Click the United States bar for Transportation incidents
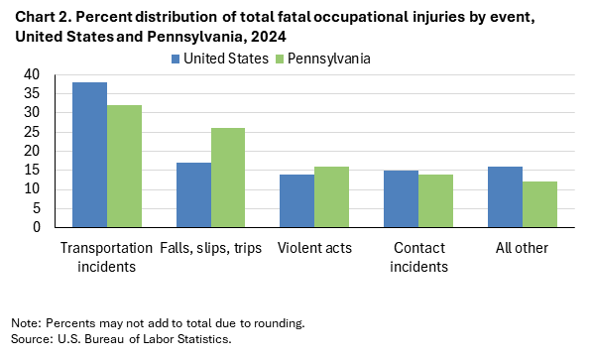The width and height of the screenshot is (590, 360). point(89,155)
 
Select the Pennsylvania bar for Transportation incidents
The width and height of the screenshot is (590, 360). point(124,166)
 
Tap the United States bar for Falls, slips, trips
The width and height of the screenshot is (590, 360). point(193,194)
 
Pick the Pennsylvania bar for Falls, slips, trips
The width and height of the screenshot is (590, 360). point(228,178)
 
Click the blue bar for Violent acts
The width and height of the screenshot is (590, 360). point(296,200)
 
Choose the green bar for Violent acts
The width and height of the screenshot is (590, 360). point(331,196)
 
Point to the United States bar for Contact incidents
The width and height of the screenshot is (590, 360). point(401,198)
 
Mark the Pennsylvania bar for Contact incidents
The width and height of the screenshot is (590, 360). point(435,200)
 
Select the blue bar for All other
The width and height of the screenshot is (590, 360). point(505,196)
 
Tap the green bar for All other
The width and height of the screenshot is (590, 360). point(539,204)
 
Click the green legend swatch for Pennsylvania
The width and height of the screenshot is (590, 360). point(279,59)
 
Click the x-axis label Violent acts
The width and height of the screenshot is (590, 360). point(313,248)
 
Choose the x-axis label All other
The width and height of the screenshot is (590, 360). point(522,248)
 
